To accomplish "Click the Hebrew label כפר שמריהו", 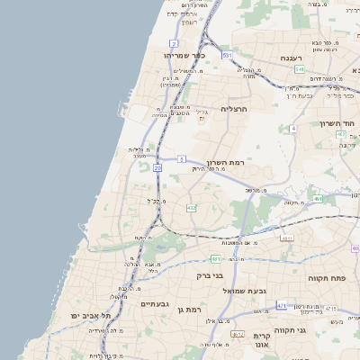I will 185,55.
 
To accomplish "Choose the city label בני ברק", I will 210,275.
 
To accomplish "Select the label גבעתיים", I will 156,304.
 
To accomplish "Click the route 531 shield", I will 228,56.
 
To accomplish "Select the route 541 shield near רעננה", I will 299,69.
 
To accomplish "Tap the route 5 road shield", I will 182,158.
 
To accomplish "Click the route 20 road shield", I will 157,167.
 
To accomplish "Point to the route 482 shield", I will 191,208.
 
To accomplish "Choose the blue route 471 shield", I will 282,306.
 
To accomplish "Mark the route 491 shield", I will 318,199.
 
